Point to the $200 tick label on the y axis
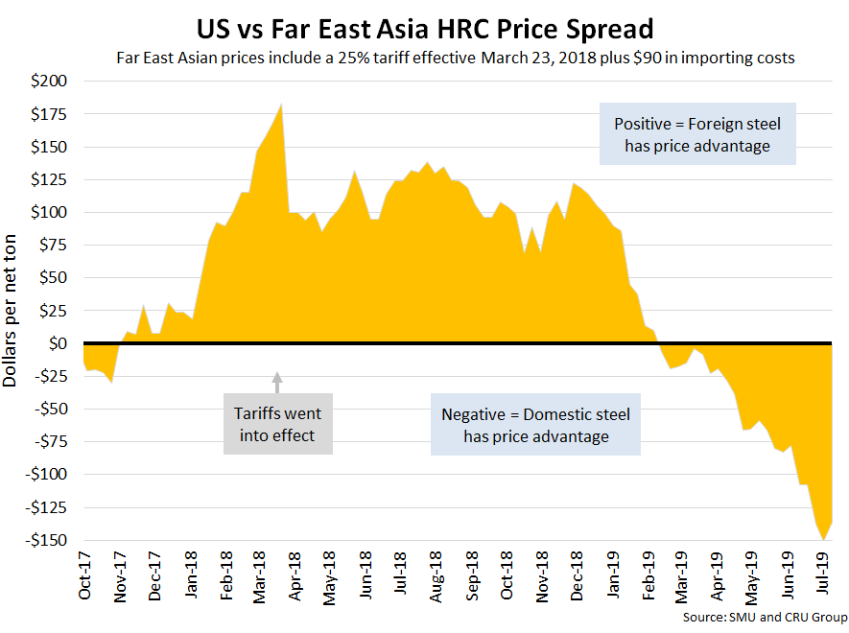49,82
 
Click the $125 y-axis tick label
49,179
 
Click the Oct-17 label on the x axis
84,574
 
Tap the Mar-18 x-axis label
260,574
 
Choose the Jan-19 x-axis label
614,574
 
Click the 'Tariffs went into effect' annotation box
278,424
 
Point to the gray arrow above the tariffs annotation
278,382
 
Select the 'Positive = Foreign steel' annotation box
697,134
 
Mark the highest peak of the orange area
280,105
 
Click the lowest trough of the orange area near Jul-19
823,540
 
